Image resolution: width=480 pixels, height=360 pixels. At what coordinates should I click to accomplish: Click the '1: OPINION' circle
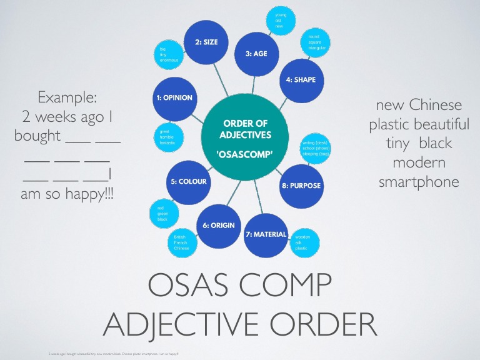(174, 98)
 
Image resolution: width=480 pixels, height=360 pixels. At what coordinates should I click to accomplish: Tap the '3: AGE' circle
(256, 54)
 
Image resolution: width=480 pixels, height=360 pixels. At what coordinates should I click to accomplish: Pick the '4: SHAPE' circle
(301, 80)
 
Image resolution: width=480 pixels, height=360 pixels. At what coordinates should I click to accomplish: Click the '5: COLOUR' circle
(188, 181)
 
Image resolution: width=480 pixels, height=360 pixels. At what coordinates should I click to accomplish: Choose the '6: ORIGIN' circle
(219, 226)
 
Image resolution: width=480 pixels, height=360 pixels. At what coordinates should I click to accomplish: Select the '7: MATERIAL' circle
(266, 234)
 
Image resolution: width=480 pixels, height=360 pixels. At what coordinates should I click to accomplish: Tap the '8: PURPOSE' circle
(301, 186)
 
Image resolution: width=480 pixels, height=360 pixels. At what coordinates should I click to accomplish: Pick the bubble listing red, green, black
(163, 214)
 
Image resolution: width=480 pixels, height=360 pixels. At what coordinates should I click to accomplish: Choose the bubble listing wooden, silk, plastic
(302, 242)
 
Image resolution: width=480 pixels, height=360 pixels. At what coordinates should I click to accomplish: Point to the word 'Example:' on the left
(67, 97)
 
